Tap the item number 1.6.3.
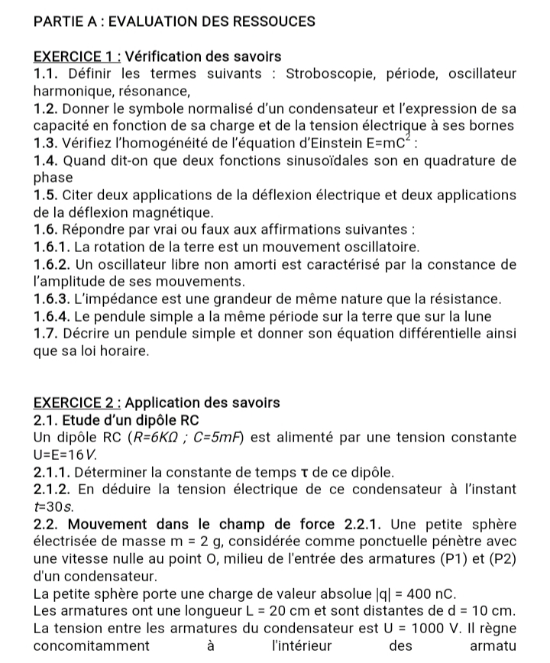tap(56, 299)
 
